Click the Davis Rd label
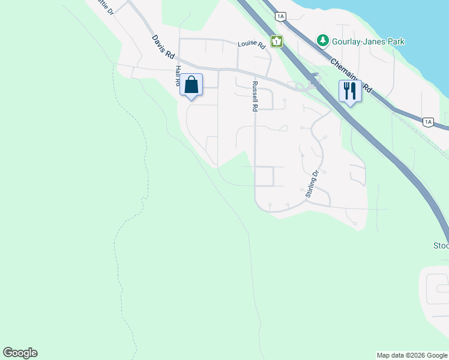click(163, 46)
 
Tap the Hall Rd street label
click(178, 76)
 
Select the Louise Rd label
click(251, 44)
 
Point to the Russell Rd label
click(255, 97)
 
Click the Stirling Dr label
click(311, 184)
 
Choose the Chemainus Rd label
click(351, 76)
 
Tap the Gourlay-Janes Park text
click(369, 41)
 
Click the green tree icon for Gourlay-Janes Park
click(324, 41)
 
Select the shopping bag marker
click(191, 85)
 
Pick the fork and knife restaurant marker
click(350, 91)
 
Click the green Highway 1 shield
click(276, 41)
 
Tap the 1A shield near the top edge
click(280, 16)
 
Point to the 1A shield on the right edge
click(427, 122)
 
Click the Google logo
click(20, 353)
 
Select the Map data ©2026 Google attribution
click(412, 355)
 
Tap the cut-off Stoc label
click(441, 245)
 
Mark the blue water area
click(384, 18)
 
